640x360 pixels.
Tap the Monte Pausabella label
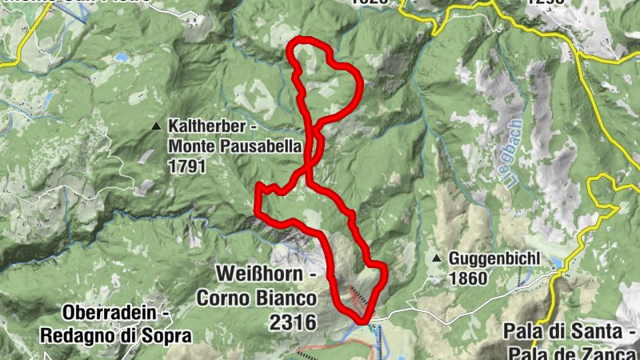[x=234, y=146]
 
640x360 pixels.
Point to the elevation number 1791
[x=187, y=166]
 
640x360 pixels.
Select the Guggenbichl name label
[x=495, y=259]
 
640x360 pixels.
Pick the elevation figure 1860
[x=468, y=279]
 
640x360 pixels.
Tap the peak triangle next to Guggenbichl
[x=437, y=259]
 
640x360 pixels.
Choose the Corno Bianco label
[x=256, y=299]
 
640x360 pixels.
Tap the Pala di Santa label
[x=570, y=330]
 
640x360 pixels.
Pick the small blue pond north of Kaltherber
[x=122, y=58]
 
